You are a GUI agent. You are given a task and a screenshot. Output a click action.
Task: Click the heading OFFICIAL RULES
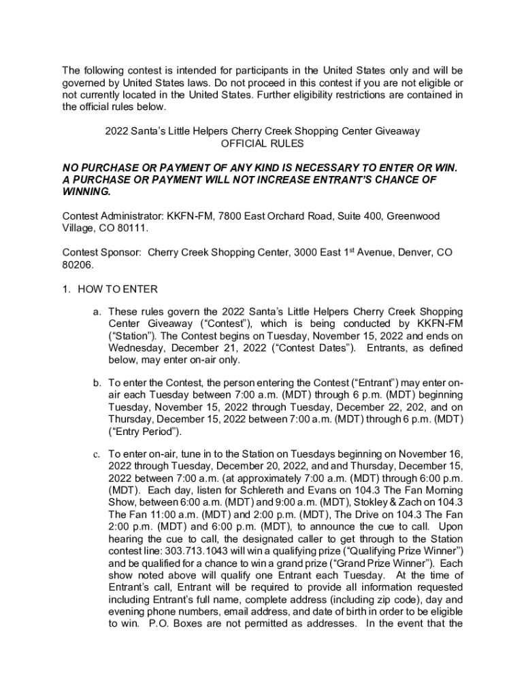[x=262, y=143]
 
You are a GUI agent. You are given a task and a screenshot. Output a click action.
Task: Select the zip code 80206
[x=76, y=264]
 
